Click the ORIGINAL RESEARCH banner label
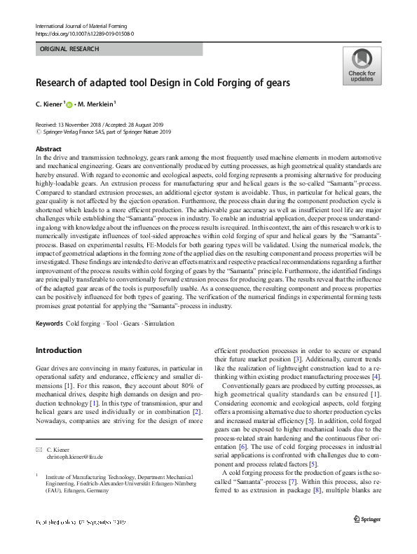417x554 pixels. tap(70, 49)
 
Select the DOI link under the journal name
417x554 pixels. tap(84, 34)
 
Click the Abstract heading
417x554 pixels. tap(48, 150)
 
